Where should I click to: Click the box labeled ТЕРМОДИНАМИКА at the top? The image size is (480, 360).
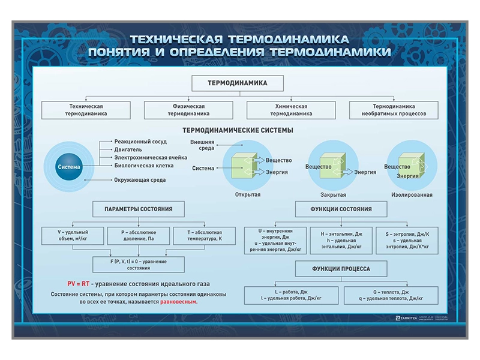[237, 83]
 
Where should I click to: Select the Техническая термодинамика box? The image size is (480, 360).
[86, 109]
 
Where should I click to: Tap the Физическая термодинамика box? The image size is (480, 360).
[188, 109]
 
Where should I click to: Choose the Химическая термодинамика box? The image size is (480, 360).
[291, 109]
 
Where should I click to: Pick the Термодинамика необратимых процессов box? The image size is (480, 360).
[394, 109]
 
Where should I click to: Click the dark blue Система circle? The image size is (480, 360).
[68, 167]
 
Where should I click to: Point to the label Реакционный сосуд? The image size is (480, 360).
[140, 142]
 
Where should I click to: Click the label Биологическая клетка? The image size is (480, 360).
[144, 165]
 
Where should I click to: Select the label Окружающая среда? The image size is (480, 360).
[140, 179]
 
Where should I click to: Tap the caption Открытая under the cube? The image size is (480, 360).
[248, 195]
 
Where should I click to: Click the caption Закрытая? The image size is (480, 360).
[333, 195]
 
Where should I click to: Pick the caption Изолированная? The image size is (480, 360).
[412, 195]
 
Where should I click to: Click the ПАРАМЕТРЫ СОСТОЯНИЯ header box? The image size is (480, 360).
[138, 209]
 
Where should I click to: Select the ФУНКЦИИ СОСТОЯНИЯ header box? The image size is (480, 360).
[341, 209]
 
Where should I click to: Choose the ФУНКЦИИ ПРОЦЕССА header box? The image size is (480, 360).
[341, 269]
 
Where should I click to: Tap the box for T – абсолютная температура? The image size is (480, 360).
[205, 236]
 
